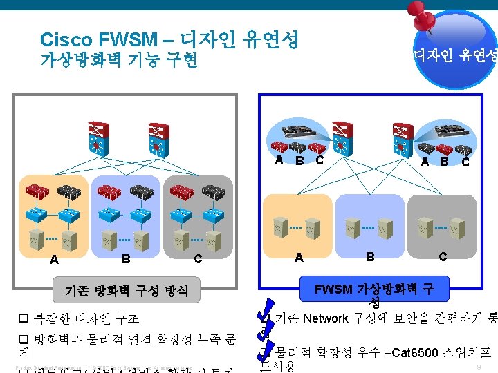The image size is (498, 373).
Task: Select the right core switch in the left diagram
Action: (158, 138)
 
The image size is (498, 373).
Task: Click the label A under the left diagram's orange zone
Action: (54, 260)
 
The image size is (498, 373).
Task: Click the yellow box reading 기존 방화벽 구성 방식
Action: (126, 290)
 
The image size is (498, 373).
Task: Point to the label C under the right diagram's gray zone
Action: (443, 256)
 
